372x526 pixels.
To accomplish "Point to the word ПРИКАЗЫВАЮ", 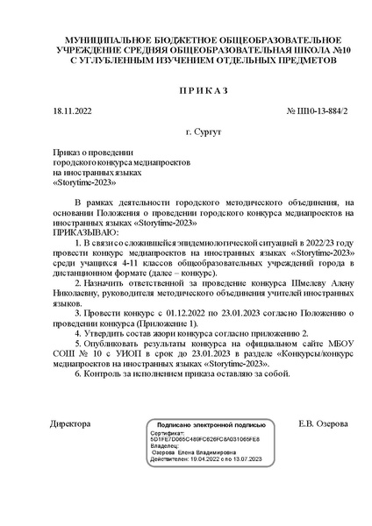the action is pyautogui.click(x=83, y=233).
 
